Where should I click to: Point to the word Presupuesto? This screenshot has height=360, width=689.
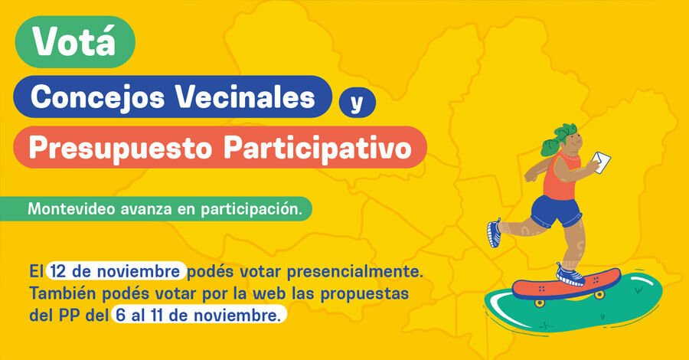(119, 147)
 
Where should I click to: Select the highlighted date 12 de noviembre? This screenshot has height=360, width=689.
(116, 271)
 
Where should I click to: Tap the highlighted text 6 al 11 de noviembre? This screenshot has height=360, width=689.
(198, 314)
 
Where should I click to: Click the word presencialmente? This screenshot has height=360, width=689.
(358, 271)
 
